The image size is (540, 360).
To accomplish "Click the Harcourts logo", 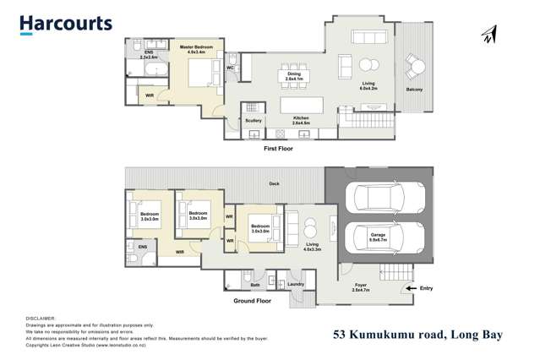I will click(x=66, y=24).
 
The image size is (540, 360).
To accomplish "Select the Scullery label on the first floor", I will click(x=254, y=120).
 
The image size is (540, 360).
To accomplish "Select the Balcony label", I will click(x=414, y=90).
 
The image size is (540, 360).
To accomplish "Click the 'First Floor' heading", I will click(x=278, y=148).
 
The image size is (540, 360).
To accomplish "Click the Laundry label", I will click(x=295, y=284).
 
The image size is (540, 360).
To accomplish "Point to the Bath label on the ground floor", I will click(x=254, y=285).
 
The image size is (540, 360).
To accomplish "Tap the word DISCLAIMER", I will click(x=40, y=318).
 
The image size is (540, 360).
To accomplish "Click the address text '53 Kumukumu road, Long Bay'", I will click(x=417, y=335).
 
